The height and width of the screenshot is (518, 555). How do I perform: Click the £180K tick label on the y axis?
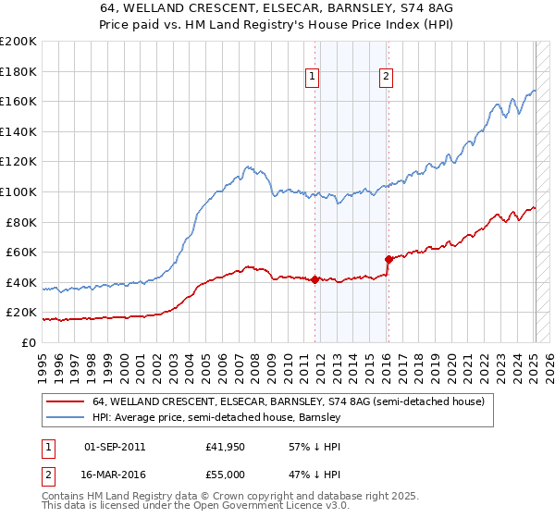pyautogui.click(x=18, y=71)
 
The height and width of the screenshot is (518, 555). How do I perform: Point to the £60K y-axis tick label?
pyautogui.click(x=21, y=252)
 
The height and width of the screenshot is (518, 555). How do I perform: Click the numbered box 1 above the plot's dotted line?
pyautogui.click(x=314, y=78)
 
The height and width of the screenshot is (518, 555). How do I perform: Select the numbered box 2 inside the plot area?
pyautogui.click(x=386, y=78)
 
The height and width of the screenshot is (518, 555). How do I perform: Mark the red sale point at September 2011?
pyautogui.click(x=315, y=279)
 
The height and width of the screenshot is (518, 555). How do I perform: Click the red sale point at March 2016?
pyautogui.click(x=388, y=259)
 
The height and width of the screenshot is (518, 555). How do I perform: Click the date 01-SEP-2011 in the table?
pyautogui.click(x=115, y=447)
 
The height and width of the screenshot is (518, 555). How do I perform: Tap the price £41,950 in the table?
pyautogui.click(x=226, y=447)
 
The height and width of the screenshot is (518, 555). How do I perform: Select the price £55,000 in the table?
pyautogui.click(x=226, y=475)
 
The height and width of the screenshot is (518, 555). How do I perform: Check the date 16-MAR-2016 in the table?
pyautogui.click(x=115, y=475)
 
